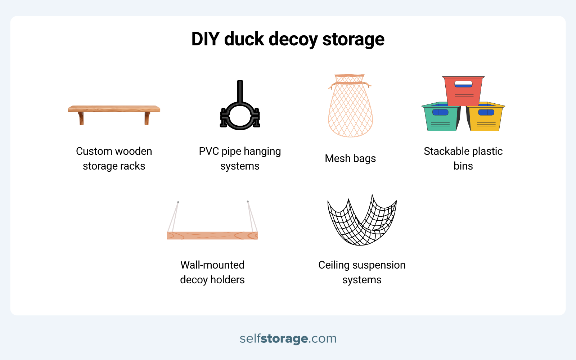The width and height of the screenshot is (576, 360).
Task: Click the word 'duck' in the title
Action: [244, 39]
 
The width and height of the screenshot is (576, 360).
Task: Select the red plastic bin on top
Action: [463, 91]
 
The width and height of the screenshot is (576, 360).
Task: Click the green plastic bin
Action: [441, 116]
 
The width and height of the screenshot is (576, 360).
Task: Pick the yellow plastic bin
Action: [486, 116]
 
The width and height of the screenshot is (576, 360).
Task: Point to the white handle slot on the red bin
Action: [463, 84]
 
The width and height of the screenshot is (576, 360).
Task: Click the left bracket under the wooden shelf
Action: [81, 118]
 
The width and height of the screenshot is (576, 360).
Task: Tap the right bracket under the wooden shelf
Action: [147, 118]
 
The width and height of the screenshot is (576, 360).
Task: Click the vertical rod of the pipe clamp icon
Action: [240, 91]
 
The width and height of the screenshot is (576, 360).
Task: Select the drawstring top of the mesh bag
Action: [350, 81]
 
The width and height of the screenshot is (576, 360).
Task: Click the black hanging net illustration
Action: [362, 220]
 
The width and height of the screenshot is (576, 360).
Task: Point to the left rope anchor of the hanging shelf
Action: [178, 202]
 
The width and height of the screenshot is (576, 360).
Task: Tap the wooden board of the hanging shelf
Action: [212, 236]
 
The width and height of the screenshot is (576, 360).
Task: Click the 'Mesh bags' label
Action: [350, 158]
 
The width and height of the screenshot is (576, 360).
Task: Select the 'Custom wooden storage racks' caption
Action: [114, 158]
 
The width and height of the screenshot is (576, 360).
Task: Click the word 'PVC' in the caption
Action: [209, 151]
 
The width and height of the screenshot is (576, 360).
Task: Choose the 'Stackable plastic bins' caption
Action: [463, 158]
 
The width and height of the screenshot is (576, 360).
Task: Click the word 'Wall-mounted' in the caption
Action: [212, 265]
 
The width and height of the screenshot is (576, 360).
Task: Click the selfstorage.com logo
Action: [288, 338]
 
